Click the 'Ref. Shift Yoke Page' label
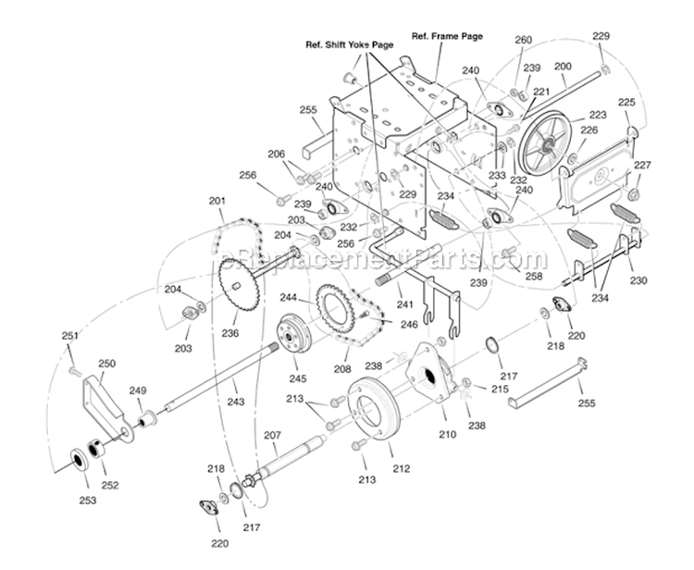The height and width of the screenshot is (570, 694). click(x=351, y=43)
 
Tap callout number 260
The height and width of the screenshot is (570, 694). click(x=524, y=41)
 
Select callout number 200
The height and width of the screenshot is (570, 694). click(x=563, y=68)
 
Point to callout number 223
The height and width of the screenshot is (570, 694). click(x=597, y=116)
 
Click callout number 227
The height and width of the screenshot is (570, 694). click(x=642, y=166)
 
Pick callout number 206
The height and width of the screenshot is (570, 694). click(x=277, y=154)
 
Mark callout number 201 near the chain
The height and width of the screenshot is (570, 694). click(x=217, y=201)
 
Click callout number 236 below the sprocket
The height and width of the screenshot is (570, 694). click(x=229, y=333)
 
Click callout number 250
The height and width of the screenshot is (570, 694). click(x=106, y=365)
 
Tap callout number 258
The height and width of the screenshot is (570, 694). click(x=534, y=276)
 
